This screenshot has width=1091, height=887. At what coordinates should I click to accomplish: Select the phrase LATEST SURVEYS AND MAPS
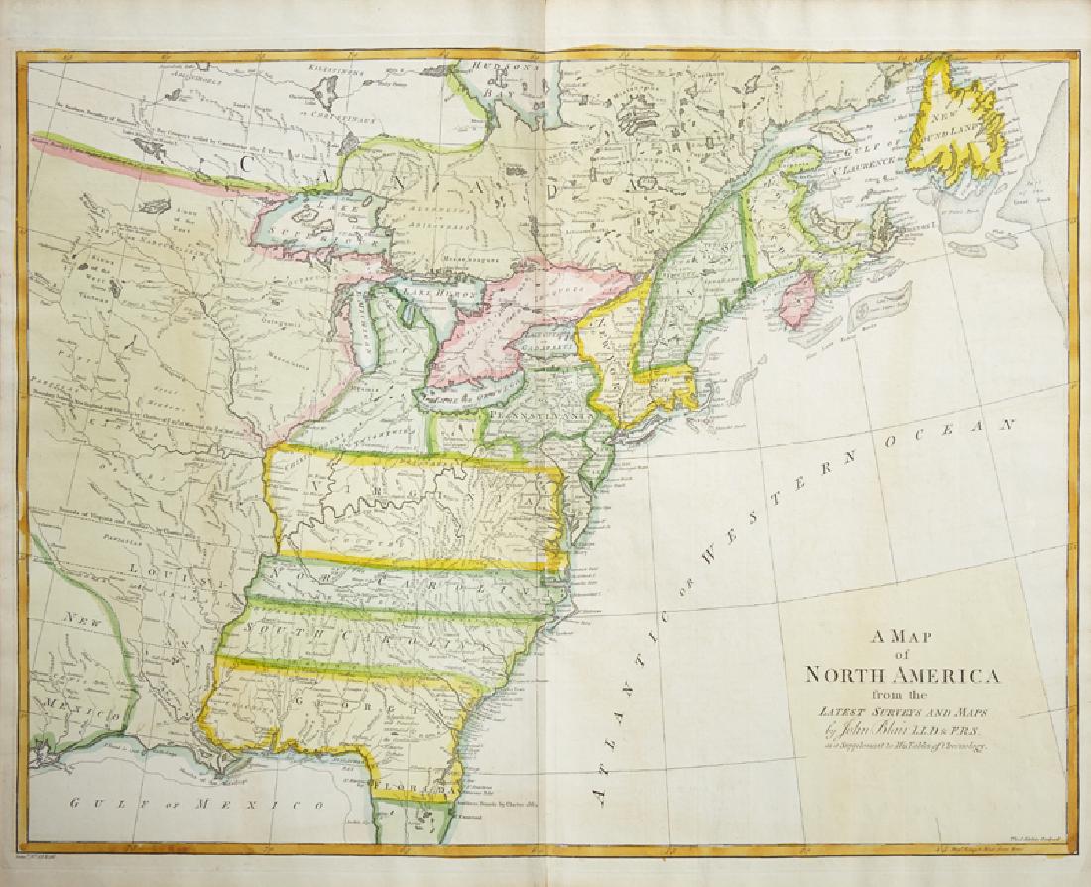(902, 712)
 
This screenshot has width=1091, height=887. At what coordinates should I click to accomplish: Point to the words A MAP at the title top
(899, 637)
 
